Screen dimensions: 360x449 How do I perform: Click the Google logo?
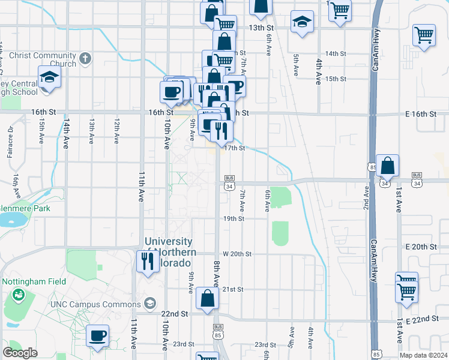click(20, 352)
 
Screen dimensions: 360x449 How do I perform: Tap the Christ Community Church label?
click(47, 60)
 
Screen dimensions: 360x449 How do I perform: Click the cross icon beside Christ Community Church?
click(86, 58)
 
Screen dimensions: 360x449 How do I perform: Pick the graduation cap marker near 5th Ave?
click(301, 23)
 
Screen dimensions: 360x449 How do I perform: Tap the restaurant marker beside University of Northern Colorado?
click(146, 260)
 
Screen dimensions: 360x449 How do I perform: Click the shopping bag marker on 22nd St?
click(207, 298)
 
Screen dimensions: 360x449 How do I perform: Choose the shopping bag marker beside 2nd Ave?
click(388, 166)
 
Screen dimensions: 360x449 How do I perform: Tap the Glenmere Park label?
click(25, 208)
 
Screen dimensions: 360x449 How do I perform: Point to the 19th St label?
click(234, 219)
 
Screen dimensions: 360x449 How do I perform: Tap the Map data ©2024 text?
click(424, 355)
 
